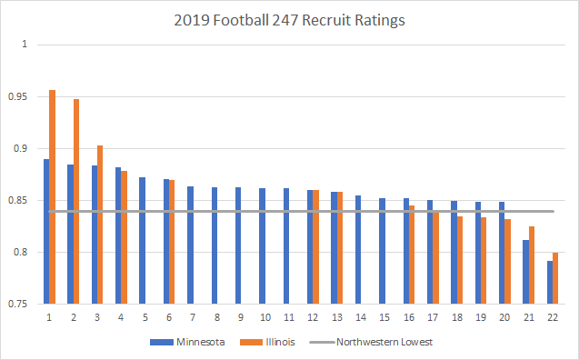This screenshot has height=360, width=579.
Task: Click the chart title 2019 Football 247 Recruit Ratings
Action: tap(289, 17)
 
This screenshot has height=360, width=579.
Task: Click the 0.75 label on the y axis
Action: tap(23, 304)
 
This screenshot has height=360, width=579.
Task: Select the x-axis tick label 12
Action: tap(313, 317)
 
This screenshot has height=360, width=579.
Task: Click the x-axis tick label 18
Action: tap(456, 317)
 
